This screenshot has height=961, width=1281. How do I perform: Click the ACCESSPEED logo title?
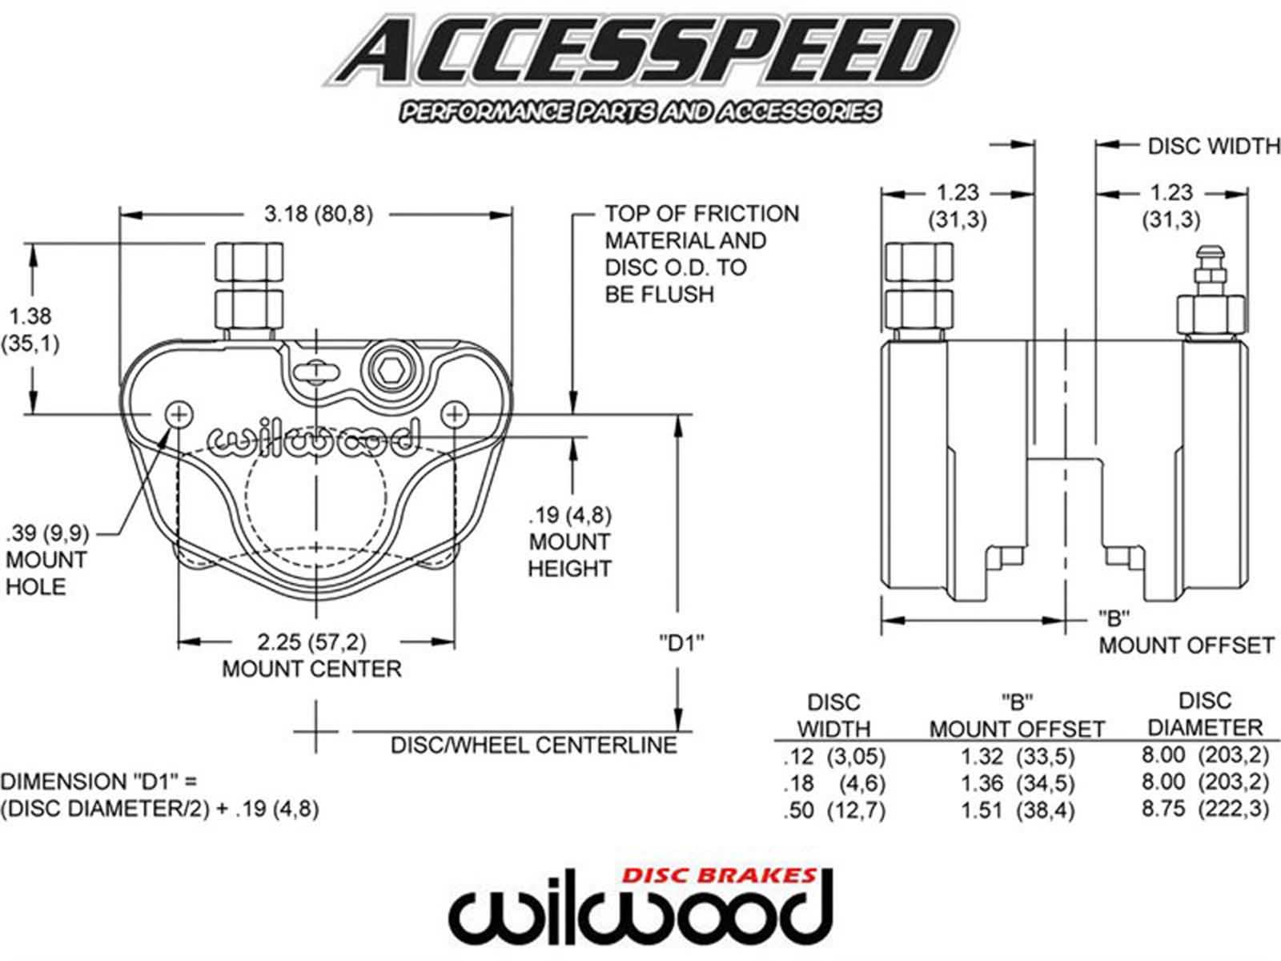[x=640, y=53]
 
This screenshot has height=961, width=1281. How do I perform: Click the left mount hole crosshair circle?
[x=179, y=414]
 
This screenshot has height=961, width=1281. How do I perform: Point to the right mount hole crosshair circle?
[x=455, y=414]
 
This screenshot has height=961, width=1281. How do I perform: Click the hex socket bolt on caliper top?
[x=390, y=369]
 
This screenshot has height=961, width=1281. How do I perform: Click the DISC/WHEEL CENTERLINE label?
[x=533, y=745]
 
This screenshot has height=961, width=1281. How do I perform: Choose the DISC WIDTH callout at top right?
[x=1213, y=146]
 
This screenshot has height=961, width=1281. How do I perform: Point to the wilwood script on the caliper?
[x=313, y=438]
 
